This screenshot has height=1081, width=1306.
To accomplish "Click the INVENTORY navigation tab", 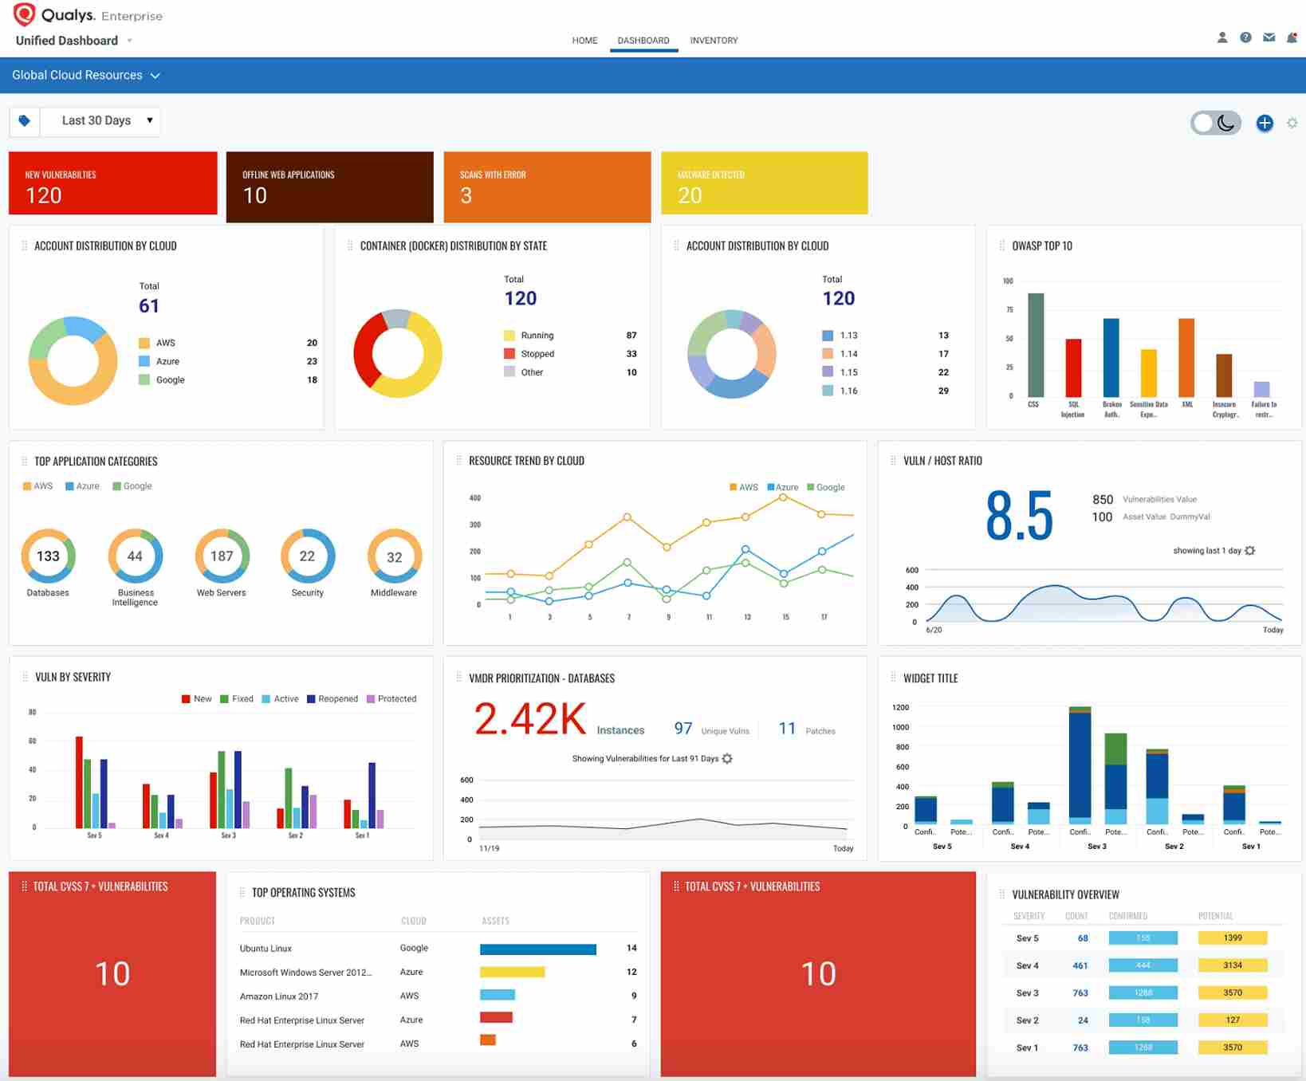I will pos(714,41).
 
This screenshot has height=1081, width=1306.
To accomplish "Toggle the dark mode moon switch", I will pos(1216,123).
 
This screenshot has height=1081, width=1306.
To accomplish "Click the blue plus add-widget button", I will pos(1265,123).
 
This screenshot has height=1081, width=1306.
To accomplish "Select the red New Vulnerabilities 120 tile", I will pos(112,184).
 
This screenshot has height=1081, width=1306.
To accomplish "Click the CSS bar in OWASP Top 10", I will pos(1036,345).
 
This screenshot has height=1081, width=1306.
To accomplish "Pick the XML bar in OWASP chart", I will pos(1186,357).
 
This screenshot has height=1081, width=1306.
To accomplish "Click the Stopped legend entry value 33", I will pos(631,354).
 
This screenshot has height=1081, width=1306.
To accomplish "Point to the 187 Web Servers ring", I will pos(222,556).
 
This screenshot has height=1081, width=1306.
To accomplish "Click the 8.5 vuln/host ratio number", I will pos(1019,517).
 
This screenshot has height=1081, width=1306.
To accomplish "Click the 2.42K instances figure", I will pos(530,719).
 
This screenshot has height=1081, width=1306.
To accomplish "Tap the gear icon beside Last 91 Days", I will pos(727,759).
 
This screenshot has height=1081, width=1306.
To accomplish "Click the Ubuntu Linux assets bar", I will pos(538,949).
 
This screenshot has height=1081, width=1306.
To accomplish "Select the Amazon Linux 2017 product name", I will pos(279,996).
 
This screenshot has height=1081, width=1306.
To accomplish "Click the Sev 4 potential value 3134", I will pos(1232,965).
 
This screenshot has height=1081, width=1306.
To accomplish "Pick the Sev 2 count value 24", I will pos(1083,1020).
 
